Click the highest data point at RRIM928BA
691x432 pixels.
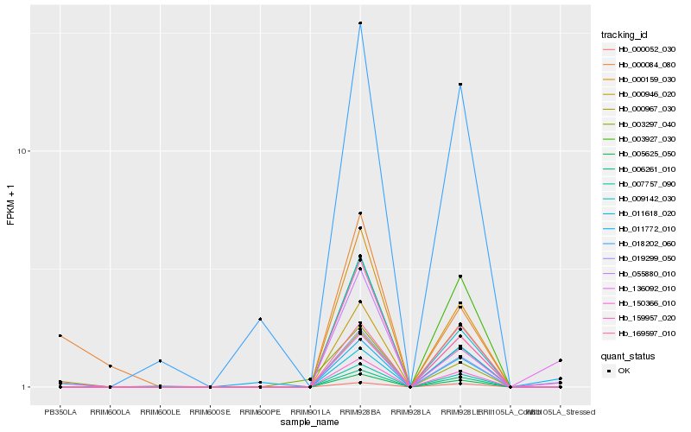click(x=360, y=23)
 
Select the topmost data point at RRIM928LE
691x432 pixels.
click(x=460, y=85)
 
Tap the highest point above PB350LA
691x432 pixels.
click(x=60, y=335)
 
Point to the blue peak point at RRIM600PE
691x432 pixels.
click(x=260, y=320)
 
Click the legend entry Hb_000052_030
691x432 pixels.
click(x=646, y=50)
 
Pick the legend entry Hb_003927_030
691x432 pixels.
click(x=646, y=138)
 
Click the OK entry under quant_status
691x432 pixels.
click(x=624, y=371)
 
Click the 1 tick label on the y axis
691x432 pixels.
click(x=25, y=387)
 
